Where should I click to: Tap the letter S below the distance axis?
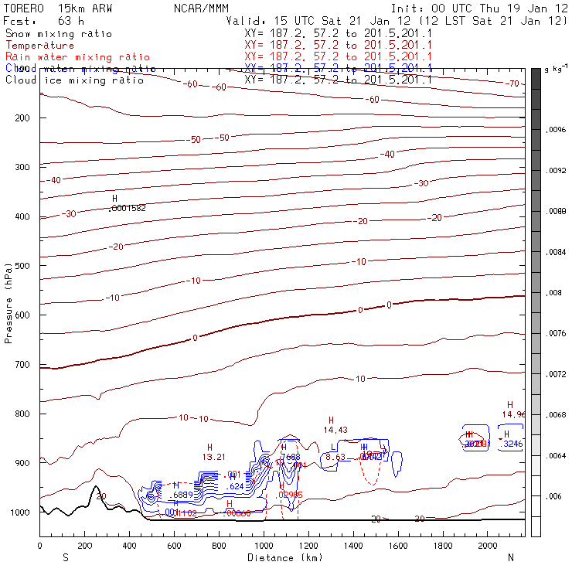pos(66,557)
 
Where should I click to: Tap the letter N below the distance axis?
pos(511,557)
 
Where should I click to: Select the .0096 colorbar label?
pos(557,131)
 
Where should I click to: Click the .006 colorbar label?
pos(555,497)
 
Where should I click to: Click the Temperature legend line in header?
pos(39,46)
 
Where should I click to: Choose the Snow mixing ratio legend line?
pos(58,34)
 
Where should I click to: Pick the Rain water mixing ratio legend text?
pos(77,57)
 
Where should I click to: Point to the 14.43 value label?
pos(335,430)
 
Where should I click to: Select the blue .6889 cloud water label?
pos(182,494)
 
